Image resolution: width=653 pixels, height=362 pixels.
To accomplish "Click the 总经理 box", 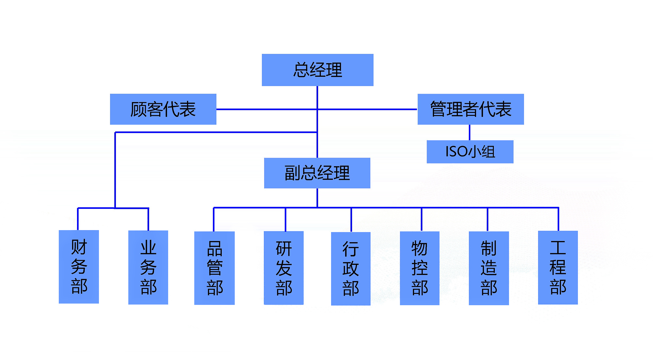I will click(x=317, y=70).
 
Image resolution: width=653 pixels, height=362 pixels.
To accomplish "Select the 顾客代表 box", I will click(x=163, y=109).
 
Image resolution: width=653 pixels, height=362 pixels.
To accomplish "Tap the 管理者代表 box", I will click(x=470, y=109).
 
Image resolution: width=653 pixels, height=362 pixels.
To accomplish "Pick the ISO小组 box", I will click(x=470, y=151).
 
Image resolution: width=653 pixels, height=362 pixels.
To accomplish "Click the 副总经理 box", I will click(x=317, y=173).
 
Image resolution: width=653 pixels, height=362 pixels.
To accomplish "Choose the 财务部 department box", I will click(x=79, y=267).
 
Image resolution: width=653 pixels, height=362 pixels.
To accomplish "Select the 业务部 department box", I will click(x=148, y=267).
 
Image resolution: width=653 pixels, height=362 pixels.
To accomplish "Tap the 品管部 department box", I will click(x=214, y=268).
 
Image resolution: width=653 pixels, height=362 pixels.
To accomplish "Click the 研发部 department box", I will click(x=283, y=268).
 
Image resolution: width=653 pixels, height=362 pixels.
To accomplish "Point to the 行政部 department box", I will click(x=351, y=269).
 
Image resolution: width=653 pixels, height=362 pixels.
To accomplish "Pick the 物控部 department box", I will click(x=420, y=268).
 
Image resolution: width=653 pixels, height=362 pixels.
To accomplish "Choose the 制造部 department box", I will click(x=489, y=268).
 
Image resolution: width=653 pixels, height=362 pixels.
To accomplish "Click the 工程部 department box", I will click(x=558, y=267).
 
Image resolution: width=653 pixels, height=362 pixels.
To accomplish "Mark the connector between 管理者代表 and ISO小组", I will click(x=470, y=132).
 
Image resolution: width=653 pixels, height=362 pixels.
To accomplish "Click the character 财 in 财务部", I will click(x=79, y=247).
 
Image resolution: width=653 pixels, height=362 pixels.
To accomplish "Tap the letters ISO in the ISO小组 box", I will click(x=456, y=151).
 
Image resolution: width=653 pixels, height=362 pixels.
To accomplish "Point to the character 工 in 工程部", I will click(x=558, y=248).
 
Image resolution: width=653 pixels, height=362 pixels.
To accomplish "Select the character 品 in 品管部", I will click(x=215, y=249).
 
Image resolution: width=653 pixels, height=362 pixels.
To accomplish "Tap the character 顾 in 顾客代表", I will click(x=138, y=109).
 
